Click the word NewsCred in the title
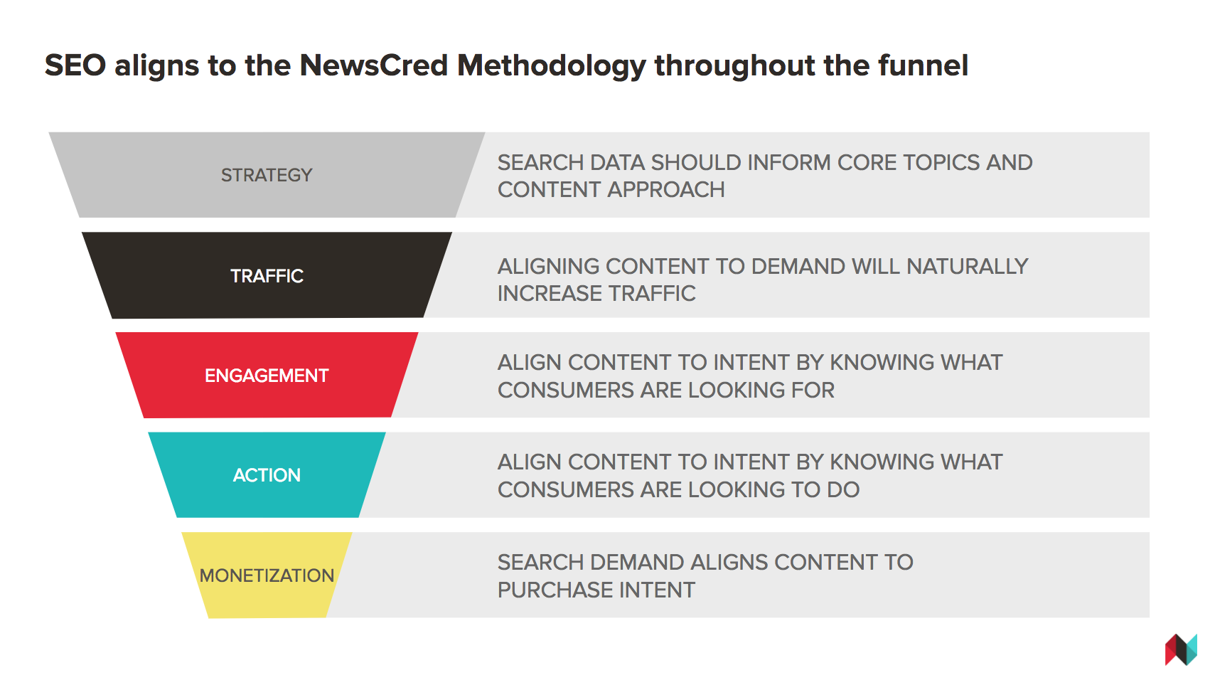374,65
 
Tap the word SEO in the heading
75,65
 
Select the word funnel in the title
923,65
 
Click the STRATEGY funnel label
267,175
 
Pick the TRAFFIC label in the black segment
267,276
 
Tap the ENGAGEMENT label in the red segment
267,376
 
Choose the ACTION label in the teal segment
267,475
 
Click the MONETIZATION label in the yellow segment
267,575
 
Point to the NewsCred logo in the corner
1181,649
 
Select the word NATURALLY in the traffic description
967,267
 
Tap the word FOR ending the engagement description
813,391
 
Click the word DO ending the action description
843,490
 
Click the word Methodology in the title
552,66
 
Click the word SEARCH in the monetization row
540,563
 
